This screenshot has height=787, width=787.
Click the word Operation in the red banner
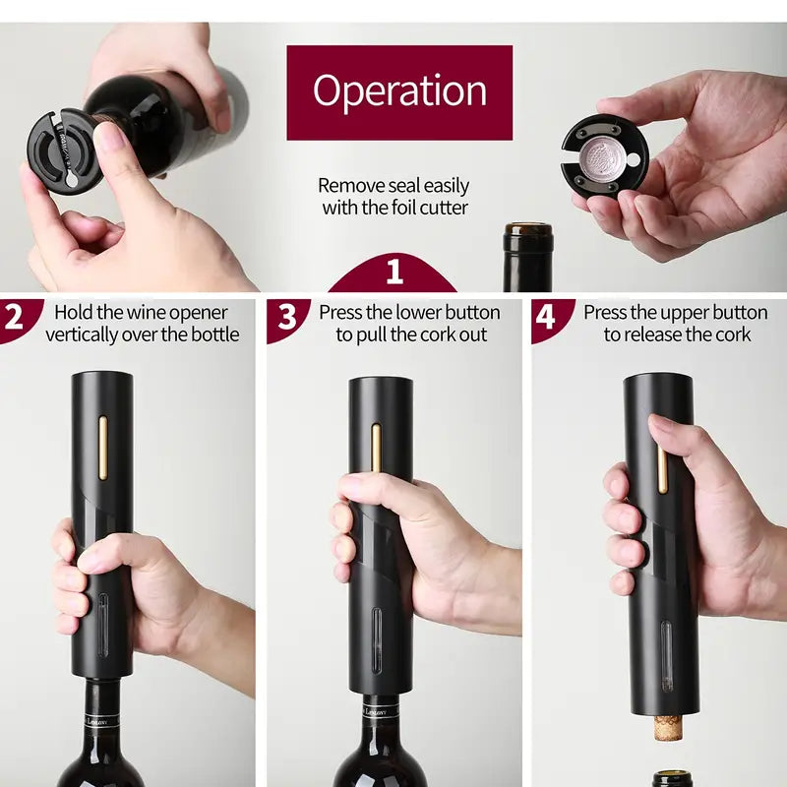click(x=399, y=91)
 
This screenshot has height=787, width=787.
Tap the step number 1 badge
click(x=393, y=272)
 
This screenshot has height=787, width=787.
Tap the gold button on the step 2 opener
click(x=102, y=447)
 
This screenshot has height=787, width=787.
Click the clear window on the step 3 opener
click(x=376, y=639)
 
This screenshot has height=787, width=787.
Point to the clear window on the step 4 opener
click(x=666, y=654)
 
